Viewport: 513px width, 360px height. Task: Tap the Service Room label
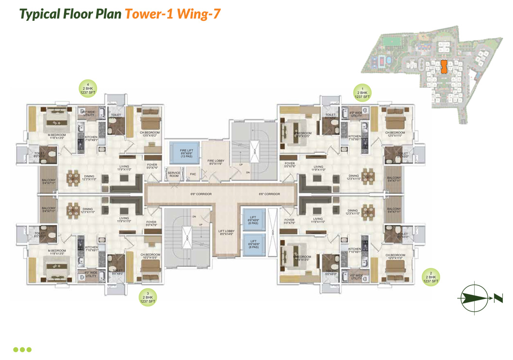(x=174, y=174)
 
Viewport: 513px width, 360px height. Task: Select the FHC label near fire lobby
(x=193, y=174)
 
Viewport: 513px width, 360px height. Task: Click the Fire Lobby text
(x=215, y=162)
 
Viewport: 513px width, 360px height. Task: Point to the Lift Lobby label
(x=226, y=232)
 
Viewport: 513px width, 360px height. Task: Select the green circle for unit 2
(x=430, y=277)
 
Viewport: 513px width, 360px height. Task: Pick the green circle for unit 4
(x=88, y=88)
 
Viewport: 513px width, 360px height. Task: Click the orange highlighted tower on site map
(x=443, y=66)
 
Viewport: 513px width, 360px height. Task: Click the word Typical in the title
(x=40, y=14)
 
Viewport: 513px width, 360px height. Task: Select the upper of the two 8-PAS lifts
(x=253, y=218)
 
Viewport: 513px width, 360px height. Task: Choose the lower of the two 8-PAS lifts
(x=253, y=244)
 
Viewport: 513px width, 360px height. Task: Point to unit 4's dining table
(x=74, y=178)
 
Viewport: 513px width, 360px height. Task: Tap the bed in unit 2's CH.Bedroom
(x=395, y=266)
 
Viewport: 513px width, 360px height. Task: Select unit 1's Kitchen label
(x=355, y=137)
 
